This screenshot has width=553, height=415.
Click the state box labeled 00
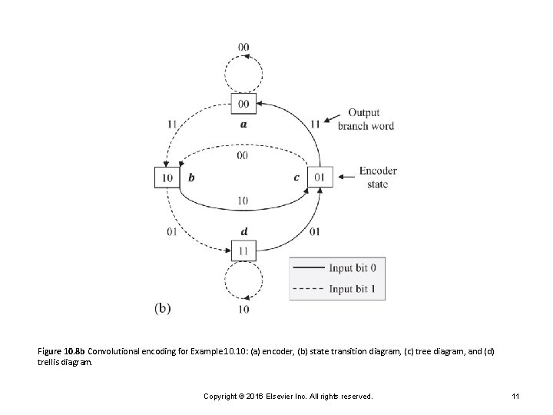(243, 104)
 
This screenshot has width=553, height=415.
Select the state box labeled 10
(167, 178)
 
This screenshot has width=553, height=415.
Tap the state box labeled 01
(320, 178)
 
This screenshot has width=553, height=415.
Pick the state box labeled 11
(243, 250)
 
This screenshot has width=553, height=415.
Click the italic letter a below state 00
(243, 123)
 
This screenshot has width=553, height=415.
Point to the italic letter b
(191, 178)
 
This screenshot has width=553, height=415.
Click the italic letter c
(296, 178)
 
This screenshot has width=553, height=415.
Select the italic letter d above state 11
(243, 231)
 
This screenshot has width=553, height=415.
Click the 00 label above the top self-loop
(243, 47)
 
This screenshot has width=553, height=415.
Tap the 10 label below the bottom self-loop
(243, 309)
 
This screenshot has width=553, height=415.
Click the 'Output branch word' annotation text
(365, 120)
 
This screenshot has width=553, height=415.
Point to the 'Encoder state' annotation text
(377, 178)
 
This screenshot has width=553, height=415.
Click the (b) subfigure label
(162, 307)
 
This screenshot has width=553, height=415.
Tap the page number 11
(517, 396)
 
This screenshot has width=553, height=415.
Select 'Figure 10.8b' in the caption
(61, 351)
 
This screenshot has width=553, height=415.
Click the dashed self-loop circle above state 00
(243, 74)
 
